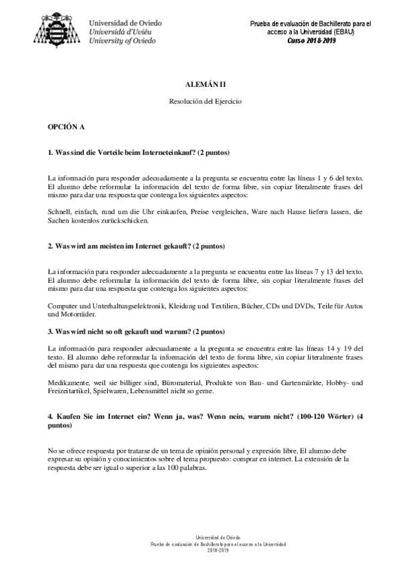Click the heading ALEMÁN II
(200, 86)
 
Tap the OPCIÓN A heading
(66, 126)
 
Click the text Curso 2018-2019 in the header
(311, 40)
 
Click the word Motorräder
(68, 314)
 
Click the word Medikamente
(71, 382)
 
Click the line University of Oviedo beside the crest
(123, 41)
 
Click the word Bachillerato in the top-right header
(333, 24)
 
